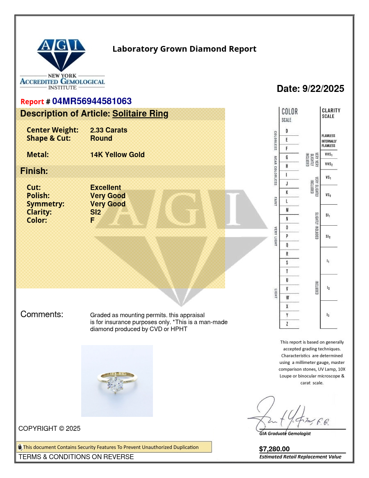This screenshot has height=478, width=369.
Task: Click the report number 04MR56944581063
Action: tap(92, 101)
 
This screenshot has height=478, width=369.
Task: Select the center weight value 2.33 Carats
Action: tap(109, 130)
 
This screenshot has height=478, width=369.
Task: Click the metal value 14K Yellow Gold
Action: tap(117, 155)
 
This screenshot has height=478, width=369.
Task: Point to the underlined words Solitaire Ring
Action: tap(140, 114)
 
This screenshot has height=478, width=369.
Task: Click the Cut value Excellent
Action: tap(105, 188)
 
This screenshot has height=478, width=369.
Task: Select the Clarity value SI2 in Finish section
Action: tap(96, 212)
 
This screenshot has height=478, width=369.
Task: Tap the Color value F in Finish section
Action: tap(92, 220)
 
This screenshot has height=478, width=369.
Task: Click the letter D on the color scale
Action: tap(287, 131)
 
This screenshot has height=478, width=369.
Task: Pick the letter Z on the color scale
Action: tap(287, 324)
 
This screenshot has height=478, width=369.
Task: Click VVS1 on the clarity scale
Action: tap(328, 154)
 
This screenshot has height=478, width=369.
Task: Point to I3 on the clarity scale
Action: tap(328, 315)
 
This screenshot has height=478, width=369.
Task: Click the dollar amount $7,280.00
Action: tap(274, 449)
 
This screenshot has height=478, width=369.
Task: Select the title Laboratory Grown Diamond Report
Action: tap(184, 49)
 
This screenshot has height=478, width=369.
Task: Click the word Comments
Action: tap(42, 315)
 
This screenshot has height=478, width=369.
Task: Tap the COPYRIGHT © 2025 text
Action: tap(49, 428)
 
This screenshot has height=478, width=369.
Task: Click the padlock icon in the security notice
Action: tap(20, 447)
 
